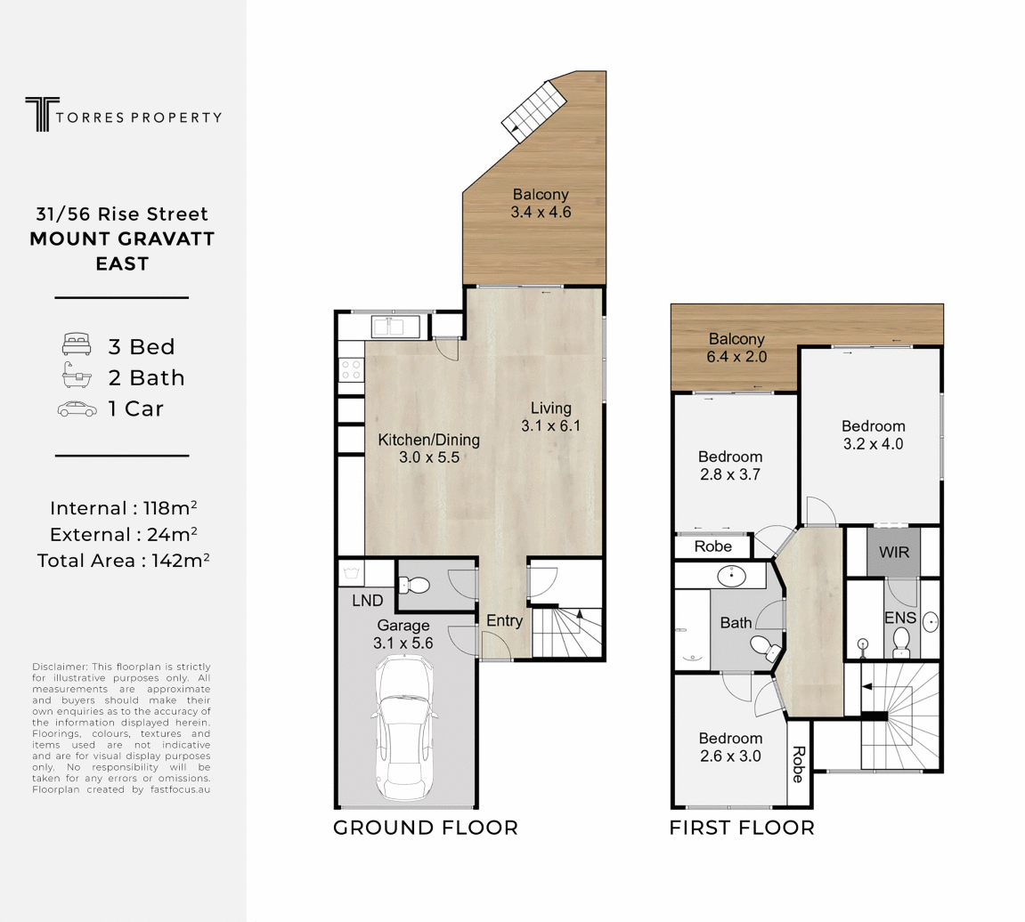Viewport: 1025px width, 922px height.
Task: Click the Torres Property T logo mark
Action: tap(43, 114)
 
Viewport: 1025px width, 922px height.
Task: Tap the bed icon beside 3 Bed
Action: tap(77, 344)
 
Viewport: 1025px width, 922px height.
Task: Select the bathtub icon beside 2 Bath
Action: tap(77, 375)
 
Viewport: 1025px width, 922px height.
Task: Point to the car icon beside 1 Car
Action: tap(77, 409)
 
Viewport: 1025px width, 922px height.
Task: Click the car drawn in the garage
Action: tap(404, 728)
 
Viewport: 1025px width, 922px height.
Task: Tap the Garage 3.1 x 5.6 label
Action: tap(403, 635)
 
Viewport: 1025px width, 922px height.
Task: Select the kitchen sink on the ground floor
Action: tap(395, 327)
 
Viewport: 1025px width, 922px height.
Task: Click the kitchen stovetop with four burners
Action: tap(351, 370)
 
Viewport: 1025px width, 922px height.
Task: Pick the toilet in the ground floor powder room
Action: tap(413, 585)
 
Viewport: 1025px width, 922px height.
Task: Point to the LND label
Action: tap(368, 601)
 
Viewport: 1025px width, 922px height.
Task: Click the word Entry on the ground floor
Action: tap(504, 621)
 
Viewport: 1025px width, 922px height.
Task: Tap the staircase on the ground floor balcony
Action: tap(534, 111)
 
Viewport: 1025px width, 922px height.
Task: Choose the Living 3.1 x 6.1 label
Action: tap(550, 417)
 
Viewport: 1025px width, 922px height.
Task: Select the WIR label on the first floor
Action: tap(893, 553)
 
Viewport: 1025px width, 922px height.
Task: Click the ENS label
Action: tap(900, 618)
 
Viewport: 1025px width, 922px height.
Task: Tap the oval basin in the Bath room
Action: tap(731, 577)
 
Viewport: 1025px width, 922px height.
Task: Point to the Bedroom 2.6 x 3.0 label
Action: tap(730, 748)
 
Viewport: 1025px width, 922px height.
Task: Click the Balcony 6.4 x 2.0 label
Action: tap(736, 348)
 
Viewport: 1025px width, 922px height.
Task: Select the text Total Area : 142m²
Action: tap(123, 560)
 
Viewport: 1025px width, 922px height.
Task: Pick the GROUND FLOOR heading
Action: tap(426, 828)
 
